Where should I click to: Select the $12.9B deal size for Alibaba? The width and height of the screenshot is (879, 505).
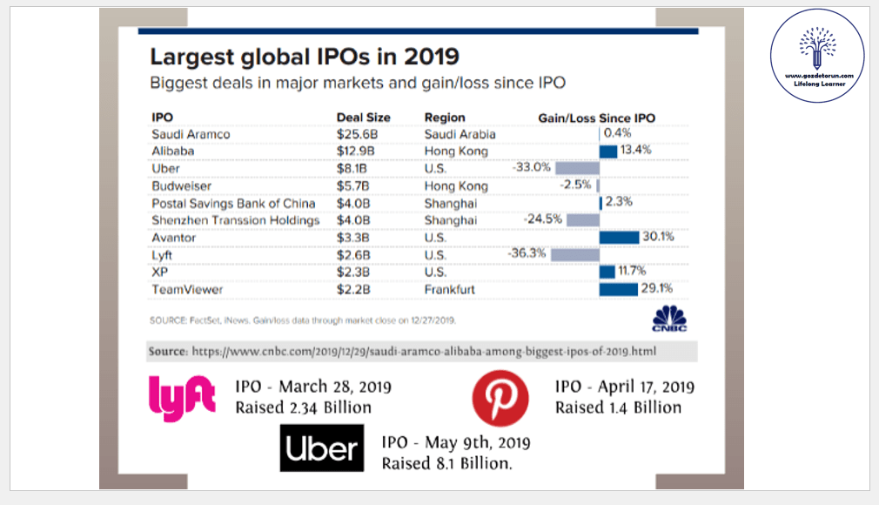(356, 151)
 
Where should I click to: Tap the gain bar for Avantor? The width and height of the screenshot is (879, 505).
(619, 238)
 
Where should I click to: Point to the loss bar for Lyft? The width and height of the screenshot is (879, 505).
(574, 255)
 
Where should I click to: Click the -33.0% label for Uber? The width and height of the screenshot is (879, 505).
(532, 168)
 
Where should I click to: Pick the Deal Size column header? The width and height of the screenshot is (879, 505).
(363, 118)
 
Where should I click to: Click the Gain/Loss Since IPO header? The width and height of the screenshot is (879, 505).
(597, 118)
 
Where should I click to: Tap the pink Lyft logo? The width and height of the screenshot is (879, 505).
(182, 396)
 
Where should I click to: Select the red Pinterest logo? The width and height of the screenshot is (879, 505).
(500, 398)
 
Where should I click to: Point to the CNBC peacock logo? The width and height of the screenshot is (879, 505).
(669, 319)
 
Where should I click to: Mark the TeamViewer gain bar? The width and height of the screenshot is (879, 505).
(619, 289)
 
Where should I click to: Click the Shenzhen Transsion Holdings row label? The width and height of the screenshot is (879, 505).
(235, 220)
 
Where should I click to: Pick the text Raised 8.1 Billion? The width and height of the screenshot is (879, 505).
(446, 464)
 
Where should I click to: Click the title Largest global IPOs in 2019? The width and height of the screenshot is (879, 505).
(305, 57)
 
